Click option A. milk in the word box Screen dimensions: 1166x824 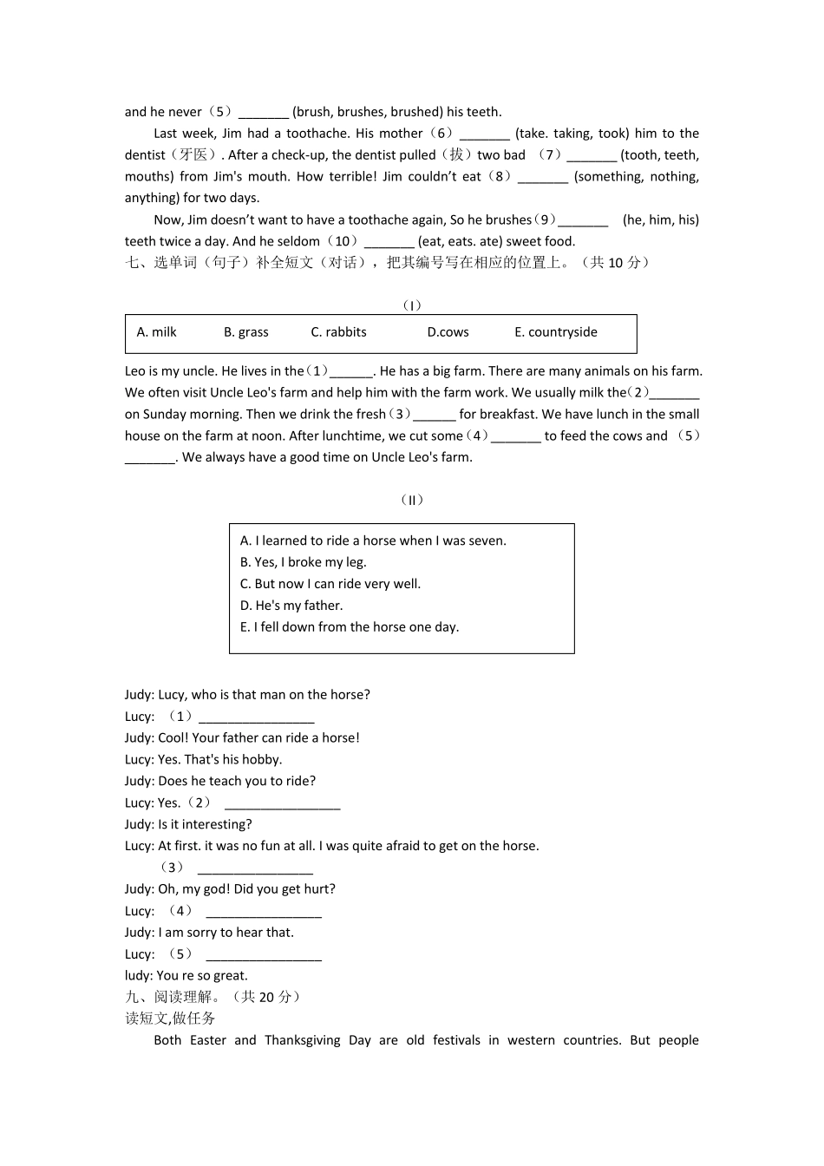pyautogui.click(x=157, y=332)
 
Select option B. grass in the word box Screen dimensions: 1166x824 pyautogui.click(x=246, y=332)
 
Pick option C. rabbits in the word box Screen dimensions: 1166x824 pyautogui.click(x=338, y=332)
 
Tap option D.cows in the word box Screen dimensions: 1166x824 pyautogui.click(x=448, y=332)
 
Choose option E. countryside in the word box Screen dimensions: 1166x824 pyautogui.click(x=555, y=332)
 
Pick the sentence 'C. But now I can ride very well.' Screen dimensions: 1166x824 pyautogui.click(x=330, y=584)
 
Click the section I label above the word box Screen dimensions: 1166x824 pyautogui.click(x=412, y=305)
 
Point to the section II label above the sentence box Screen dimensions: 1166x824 pyautogui.click(x=412, y=501)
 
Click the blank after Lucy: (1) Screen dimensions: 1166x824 pyautogui.click(x=256, y=718)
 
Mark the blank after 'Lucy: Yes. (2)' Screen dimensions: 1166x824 pyautogui.click(x=282, y=805)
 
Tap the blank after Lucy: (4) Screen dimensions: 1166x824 pyautogui.click(x=264, y=913)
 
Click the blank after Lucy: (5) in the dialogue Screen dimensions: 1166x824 pyautogui.click(x=264, y=956)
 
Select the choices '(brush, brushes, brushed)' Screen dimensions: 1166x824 pyautogui.click(x=368, y=112)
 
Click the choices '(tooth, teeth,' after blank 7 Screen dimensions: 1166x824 pyautogui.click(x=660, y=155)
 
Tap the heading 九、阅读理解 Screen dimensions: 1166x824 pyautogui.click(x=173, y=998)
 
